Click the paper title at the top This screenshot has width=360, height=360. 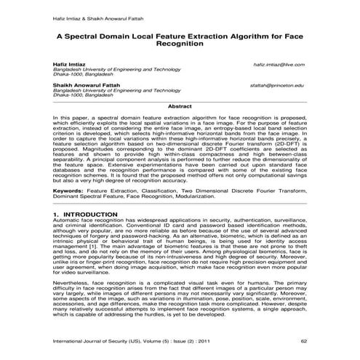point(180,39)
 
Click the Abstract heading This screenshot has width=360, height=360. point(180,106)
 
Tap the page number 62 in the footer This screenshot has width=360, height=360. point(303,340)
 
